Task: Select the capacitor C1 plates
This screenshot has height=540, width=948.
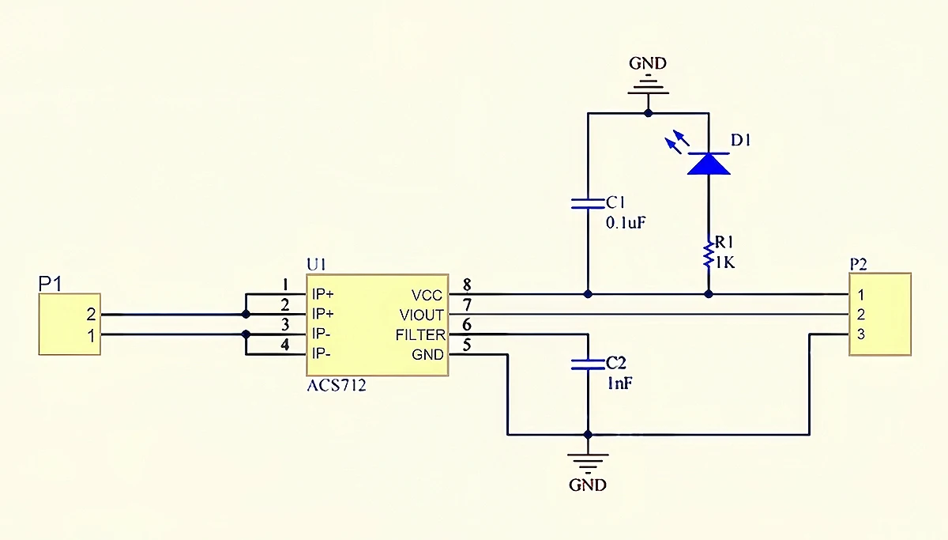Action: pyautogui.click(x=588, y=204)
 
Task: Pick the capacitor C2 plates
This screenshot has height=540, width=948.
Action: pyautogui.click(x=588, y=364)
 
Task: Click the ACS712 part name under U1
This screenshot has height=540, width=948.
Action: pyautogui.click(x=337, y=385)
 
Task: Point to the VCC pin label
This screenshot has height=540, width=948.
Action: pyautogui.click(x=427, y=295)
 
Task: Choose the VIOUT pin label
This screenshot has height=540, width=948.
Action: pyautogui.click(x=422, y=315)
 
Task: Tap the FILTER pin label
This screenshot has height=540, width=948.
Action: pyautogui.click(x=420, y=335)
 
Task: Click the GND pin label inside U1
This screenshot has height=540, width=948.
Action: pyautogui.click(x=427, y=355)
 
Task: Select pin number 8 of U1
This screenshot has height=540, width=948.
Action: pyautogui.click(x=467, y=285)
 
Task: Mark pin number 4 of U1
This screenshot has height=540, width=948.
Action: pyautogui.click(x=285, y=345)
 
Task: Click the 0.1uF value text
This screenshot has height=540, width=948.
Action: pyautogui.click(x=626, y=223)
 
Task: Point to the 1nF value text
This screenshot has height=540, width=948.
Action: pyautogui.click(x=620, y=383)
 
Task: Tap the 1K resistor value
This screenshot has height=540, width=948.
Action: pyautogui.click(x=725, y=263)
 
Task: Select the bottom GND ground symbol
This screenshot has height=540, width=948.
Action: pyautogui.click(x=588, y=464)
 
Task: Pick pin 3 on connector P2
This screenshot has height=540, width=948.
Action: pyautogui.click(x=861, y=334)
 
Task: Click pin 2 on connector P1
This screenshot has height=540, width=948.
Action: pyautogui.click(x=91, y=314)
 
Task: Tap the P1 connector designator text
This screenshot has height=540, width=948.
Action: pyautogui.click(x=51, y=283)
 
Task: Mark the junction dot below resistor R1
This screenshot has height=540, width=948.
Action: pyautogui.click(x=709, y=294)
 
